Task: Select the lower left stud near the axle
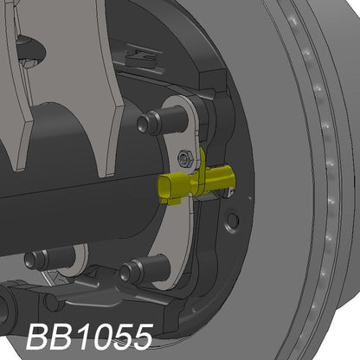coord(41,259)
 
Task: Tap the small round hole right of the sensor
coord(231,222)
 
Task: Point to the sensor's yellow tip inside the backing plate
coord(227,180)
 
